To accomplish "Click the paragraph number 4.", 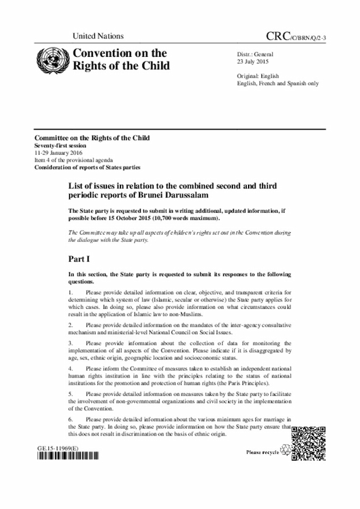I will (70, 369).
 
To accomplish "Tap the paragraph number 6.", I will (70, 420).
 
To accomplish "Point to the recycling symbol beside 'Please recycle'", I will (285, 452).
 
